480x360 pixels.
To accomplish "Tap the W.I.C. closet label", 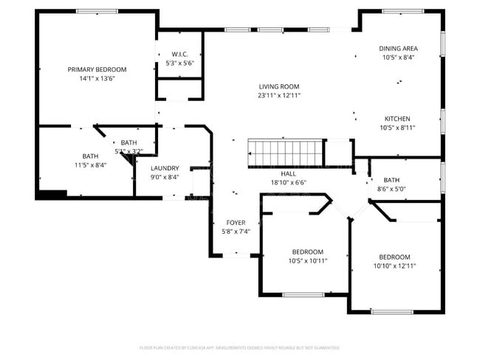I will point(180,54).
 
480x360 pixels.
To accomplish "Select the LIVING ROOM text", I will point(279,86).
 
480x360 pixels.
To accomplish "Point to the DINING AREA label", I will point(399,48).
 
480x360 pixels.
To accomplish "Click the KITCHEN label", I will point(397,119).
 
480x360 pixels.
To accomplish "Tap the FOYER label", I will point(236,222).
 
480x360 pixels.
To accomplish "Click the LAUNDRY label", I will point(165,168).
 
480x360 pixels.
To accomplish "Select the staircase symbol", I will point(285,153).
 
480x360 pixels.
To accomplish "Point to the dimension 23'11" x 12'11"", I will point(279,95).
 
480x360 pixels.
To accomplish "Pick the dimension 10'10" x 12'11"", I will point(394,266).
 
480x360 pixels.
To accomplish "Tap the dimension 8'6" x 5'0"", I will point(391,189).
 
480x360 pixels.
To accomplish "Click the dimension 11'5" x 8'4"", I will point(90,165).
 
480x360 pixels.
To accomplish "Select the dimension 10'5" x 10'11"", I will point(307,260).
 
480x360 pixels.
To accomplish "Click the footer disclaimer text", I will point(240,347).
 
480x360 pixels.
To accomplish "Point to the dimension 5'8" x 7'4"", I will point(236,231).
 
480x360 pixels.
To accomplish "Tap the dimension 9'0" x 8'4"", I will point(165,177).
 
